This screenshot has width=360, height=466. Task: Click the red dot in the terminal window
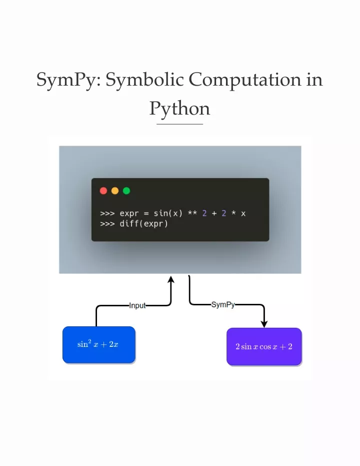point(103,191)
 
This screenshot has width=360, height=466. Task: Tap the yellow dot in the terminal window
point(115,191)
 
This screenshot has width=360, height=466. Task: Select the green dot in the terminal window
point(126,191)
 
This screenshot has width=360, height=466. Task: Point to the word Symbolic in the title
point(145,80)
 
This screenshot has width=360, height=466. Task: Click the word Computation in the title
point(245,80)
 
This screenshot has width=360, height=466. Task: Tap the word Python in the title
point(180,109)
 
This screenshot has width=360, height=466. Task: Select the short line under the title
point(180,124)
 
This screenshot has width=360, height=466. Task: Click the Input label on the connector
point(137,305)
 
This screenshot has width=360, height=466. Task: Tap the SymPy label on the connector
point(223,305)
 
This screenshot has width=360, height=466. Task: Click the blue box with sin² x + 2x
point(99,345)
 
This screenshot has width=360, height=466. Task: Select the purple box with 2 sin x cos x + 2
point(264,346)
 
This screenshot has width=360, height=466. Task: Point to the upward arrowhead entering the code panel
point(171,279)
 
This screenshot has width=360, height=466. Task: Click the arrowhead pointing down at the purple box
point(264,324)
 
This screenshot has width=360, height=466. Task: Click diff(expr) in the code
point(144,223)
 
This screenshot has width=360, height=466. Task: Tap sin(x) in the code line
point(168,213)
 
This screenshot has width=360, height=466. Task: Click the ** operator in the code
point(192,213)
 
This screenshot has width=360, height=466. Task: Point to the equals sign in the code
point(146,214)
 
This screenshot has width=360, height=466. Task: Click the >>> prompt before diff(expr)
point(107,224)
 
